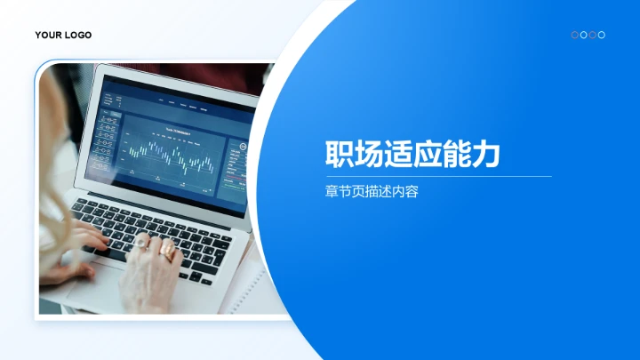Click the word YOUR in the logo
[48, 36]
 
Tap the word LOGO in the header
[77, 36]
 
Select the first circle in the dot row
[574, 35]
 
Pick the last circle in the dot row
[602, 35]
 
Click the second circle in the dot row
[583, 35]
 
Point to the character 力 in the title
[485, 155]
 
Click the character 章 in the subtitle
[332, 190]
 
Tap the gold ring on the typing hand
[167, 252]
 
